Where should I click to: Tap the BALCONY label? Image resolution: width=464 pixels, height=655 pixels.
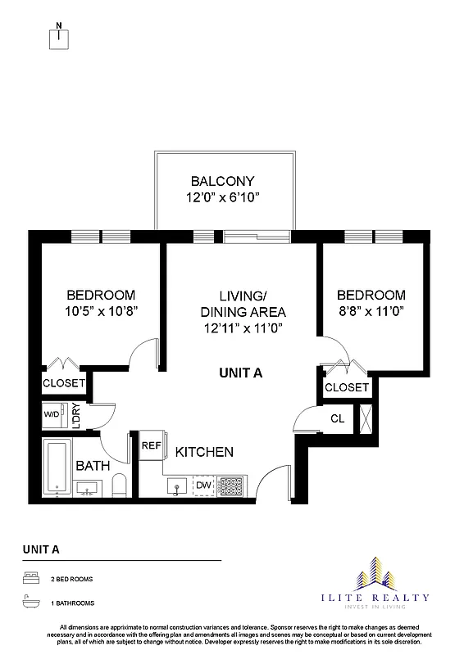click(x=222, y=181)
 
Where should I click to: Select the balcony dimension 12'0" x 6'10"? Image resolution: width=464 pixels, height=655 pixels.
click(x=222, y=197)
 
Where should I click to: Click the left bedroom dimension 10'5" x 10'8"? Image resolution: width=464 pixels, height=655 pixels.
click(x=101, y=311)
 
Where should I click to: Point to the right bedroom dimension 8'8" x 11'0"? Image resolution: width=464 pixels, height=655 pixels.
click(x=371, y=311)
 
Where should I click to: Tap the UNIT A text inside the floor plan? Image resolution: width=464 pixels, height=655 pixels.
click(x=240, y=373)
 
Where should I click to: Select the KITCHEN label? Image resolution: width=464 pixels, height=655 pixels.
click(x=204, y=451)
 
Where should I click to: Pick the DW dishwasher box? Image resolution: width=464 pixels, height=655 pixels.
click(x=202, y=486)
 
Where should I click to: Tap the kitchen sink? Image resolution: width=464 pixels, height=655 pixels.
click(x=178, y=486)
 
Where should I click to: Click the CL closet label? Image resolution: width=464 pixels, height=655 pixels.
click(x=337, y=418)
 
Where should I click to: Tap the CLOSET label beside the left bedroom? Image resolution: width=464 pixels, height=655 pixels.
click(x=64, y=383)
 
